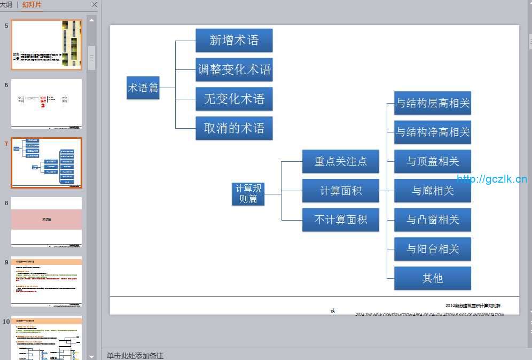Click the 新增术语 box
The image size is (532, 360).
234,41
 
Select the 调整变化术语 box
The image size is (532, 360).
234,69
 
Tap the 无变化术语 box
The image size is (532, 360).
234,99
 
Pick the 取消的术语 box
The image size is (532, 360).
234,128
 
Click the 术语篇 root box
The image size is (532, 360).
143,88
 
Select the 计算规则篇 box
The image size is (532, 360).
248,193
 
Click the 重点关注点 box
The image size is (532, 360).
340,161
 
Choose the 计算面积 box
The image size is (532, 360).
340,191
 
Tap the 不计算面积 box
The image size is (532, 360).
340,220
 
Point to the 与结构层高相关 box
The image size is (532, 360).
432,103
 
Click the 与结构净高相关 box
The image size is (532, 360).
432,132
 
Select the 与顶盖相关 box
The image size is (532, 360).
432,161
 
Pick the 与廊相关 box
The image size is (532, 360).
432,191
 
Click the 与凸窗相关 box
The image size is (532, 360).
432,220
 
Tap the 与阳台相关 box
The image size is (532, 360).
432,249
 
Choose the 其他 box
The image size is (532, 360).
432,278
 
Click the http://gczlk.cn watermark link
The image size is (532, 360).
491,179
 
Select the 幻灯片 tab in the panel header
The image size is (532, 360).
32,5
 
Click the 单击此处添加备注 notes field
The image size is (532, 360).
135,355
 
